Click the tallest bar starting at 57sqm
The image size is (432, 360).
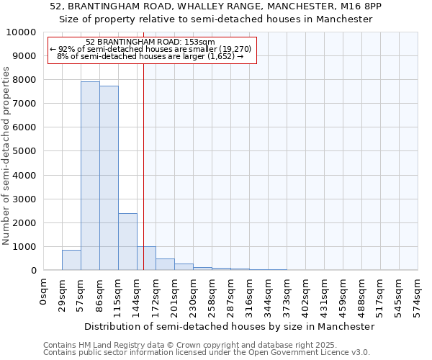coord(90,176)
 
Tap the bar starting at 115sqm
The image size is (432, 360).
coord(127,241)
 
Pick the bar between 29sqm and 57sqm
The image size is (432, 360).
coord(71,260)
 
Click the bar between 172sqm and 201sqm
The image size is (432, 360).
coord(165,264)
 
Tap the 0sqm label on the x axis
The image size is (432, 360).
coord(43,293)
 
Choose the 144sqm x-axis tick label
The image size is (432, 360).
coord(137,296)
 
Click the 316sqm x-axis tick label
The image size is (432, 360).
coord(249,296)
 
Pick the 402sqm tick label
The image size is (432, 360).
coord(305,296)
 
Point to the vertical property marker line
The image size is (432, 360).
coord(143,166)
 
